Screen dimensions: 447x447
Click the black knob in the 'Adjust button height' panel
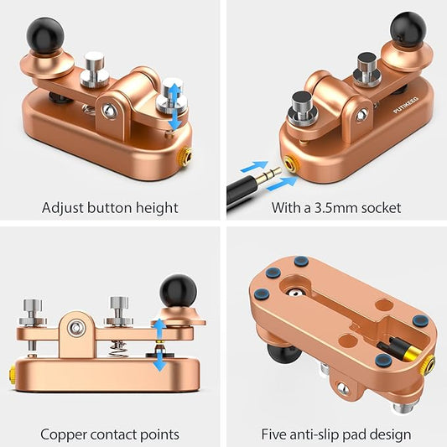coord(45,35)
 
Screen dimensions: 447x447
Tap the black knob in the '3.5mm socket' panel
coord(408,29)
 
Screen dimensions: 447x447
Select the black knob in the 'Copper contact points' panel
coord(178,291)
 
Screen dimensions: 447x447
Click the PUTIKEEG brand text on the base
coord(406,105)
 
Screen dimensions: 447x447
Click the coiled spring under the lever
coord(118,349)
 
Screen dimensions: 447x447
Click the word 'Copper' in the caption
coord(64,435)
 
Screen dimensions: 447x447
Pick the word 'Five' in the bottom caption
coord(273,434)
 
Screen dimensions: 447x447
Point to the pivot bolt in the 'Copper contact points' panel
coord(76,328)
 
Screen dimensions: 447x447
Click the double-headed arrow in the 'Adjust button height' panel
coord(174,107)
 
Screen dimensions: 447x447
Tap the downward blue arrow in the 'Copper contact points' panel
coord(159,361)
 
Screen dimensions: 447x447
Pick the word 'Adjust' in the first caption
coord(62,208)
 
